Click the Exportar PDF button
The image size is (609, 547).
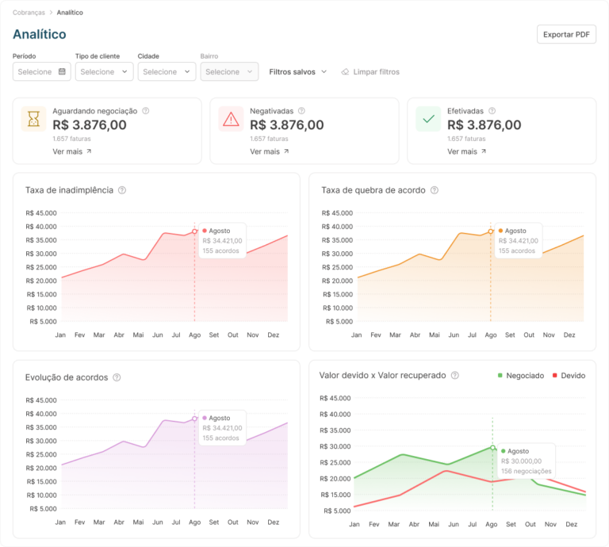(566, 34)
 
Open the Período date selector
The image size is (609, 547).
(41, 71)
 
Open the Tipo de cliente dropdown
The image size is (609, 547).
(104, 71)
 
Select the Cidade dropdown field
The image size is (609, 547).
(167, 71)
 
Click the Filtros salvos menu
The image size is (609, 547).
(298, 72)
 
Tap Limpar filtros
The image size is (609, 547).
(370, 72)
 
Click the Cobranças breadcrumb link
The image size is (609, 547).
(29, 13)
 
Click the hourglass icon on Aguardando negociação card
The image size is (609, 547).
(34, 119)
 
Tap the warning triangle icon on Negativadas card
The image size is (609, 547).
(231, 119)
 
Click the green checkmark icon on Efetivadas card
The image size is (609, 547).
(428, 119)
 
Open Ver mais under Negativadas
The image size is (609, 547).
(269, 151)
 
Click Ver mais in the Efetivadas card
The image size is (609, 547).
(466, 151)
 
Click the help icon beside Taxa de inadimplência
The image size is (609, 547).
(122, 190)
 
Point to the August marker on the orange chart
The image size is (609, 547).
(491, 231)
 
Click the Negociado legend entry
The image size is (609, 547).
(521, 376)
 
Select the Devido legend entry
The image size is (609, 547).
(569, 376)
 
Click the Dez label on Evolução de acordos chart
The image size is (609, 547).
(273, 522)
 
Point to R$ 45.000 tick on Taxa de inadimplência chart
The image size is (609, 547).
(41, 212)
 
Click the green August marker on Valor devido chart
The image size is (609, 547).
(492, 448)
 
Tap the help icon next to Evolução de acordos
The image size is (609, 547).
(117, 377)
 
